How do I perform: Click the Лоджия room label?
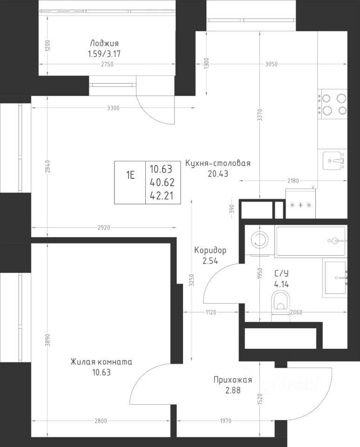click(x=104, y=43)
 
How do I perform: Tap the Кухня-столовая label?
click(x=218, y=163)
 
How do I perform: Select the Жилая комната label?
click(x=101, y=362)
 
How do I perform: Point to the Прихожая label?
click(x=233, y=380)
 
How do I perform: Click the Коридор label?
click(x=211, y=251)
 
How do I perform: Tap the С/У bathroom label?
click(x=281, y=273)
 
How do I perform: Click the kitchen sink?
click(x=333, y=161)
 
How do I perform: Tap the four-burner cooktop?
click(x=333, y=104)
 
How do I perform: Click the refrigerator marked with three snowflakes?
click(x=301, y=203)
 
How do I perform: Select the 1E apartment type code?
click(x=130, y=175)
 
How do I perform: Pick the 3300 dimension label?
click(x=113, y=108)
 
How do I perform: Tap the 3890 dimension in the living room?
click(x=48, y=340)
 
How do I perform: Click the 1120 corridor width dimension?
click(x=211, y=312)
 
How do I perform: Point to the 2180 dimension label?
click(x=293, y=181)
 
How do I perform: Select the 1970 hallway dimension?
click(x=225, y=421)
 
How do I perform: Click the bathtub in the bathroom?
click(x=311, y=241)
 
